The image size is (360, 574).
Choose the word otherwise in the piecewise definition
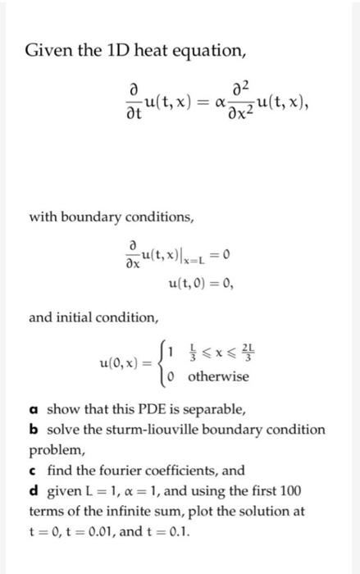click(218, 377)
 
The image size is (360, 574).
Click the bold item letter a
click(34, 409)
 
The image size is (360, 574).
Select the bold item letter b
click(34, 430)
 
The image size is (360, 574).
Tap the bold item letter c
click(34, 471)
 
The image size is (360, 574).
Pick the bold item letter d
click(34, 491)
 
